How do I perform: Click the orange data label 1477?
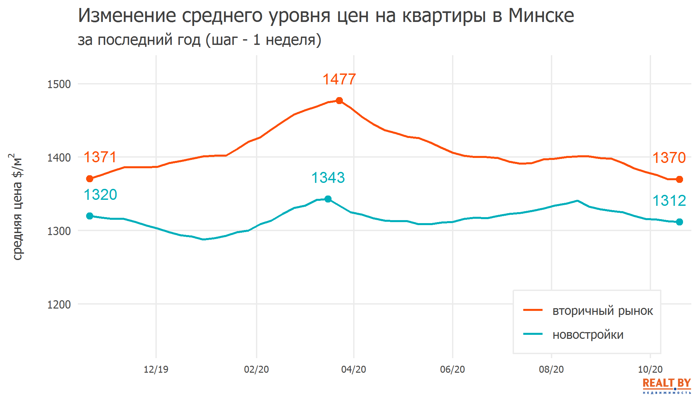click(x=339, y=79)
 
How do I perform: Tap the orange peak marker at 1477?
click(x=339, y=100)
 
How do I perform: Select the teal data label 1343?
click(x=328, y=178)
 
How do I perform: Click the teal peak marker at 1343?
click(x=328, y=199)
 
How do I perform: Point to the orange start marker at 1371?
click(x=90, y=179)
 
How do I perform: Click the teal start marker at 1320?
click(x=90, y=216)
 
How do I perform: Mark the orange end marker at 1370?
click(x=679, y=180)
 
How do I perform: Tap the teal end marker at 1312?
click(x=679, y=222)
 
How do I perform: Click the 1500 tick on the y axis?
click(x=59, y=84)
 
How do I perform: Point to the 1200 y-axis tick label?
click(x=59, y=305)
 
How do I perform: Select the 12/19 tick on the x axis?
click(x=156, y=369)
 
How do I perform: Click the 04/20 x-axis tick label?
click(x=353, y=369)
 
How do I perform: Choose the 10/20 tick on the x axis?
click(x=650, y=369)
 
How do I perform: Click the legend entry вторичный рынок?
click(x=602, y=311)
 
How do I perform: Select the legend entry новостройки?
click(x=588, y=335)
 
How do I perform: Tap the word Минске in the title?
click(x=541, y=16)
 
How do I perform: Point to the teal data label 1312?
click(x=669, y=201)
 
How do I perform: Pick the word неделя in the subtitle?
click(x=291, y=40)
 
